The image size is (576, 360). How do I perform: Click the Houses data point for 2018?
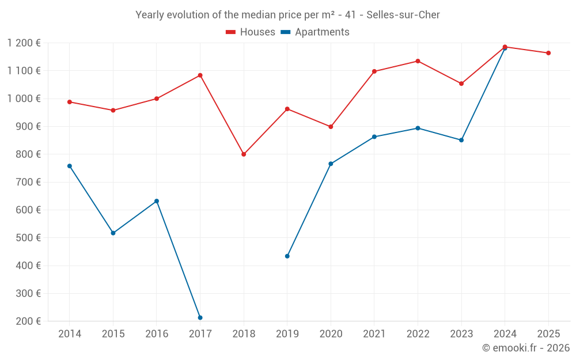tap(244, 154)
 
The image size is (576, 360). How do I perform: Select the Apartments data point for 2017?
tap(200, 318)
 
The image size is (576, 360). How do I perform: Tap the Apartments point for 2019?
tap(287, 256)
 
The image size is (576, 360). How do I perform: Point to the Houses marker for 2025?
tap(548, 53)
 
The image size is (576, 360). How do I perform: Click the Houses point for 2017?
tap(200, 75)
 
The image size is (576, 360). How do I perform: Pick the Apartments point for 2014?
tap(70, 166)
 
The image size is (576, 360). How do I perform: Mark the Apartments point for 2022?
tap(418, 128)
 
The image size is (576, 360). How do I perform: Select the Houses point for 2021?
tap(374, 71)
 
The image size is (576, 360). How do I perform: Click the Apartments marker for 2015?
tap(113, 233)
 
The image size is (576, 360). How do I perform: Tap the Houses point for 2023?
tap(461, 84)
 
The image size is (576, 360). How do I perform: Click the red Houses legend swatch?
tap(230, 32)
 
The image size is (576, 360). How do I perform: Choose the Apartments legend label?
tap(322, 32)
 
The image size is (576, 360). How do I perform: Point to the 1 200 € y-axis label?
tap(24, 43)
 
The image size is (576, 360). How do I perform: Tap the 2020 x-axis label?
tap(331, 334)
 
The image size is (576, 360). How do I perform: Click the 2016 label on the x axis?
tap(157, 334)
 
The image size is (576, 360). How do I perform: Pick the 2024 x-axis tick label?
tap(505, 334)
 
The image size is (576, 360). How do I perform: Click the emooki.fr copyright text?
tap(525, 348)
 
